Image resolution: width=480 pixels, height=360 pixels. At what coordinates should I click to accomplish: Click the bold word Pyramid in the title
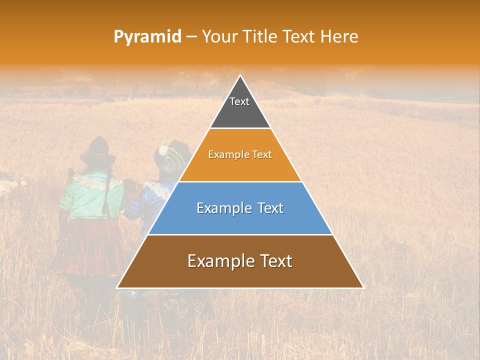[x=147, y=36]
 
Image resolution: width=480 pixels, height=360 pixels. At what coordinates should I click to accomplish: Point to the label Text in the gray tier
[x=239, y=101]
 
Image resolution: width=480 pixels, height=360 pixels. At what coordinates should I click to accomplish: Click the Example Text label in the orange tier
[x=240, y=154]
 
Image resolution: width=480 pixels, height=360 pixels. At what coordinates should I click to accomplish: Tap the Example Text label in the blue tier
[x=240, y=208]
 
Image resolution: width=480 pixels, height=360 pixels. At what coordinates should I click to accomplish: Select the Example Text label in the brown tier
[x=240, y=261]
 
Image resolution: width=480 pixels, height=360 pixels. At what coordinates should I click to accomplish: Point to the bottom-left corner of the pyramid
[x=117, y=287]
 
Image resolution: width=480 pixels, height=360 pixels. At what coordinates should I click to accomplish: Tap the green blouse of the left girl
[x=90, y=195]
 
